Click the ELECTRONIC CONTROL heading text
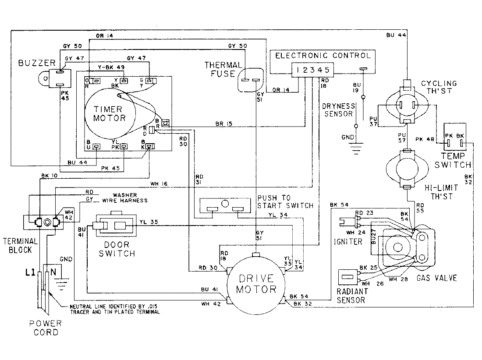click(323, 56)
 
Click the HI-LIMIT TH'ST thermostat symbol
click(408, 168)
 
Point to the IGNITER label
click(348, 241)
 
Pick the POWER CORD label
click(46, 328)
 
